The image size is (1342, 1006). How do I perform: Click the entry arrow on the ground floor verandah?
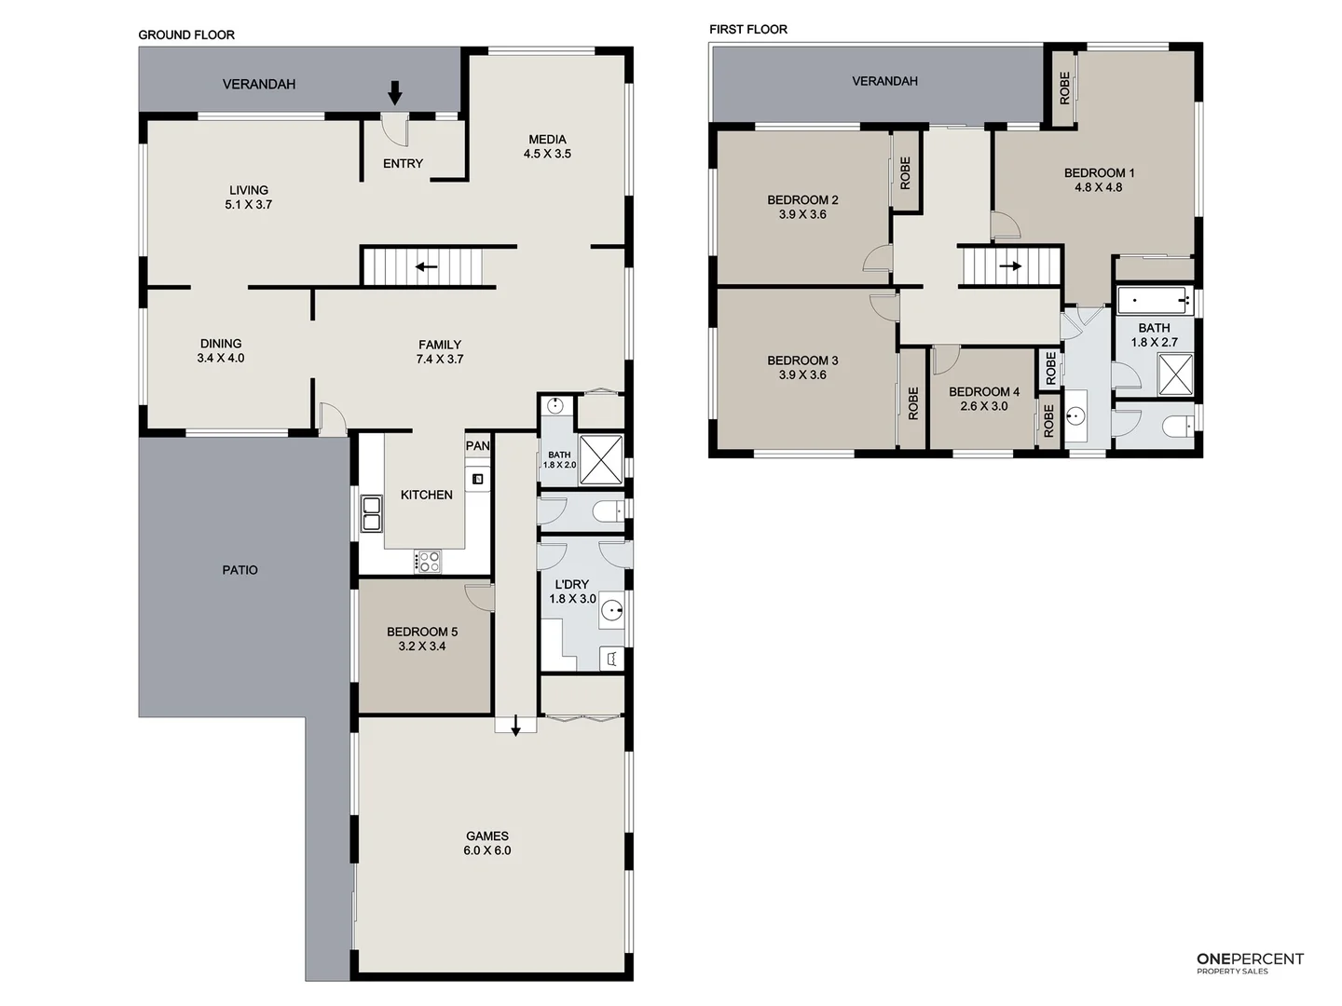[x=394, y=92]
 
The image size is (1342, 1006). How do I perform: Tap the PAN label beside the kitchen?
[x=478, y=446]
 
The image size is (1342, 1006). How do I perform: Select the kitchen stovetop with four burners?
[x=428, y=561]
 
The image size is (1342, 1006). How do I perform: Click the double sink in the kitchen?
[x=372, y=514]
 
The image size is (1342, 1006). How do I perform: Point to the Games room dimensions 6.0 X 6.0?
[x=487, y=850]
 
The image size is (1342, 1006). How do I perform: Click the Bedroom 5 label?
[x=422, y=632]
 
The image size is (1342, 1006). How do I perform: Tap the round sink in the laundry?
[x=611, y=610]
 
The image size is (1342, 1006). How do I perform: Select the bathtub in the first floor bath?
[x=1154, y=301]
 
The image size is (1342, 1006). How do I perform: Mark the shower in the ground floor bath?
[x=601, y=459]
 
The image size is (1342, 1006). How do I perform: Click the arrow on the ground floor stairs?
[x=426, y=267]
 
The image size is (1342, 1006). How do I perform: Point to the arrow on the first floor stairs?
[x=1010, y=265]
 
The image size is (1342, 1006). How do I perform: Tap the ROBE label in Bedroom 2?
[x=905, y=172]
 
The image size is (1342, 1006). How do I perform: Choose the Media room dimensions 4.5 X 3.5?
[x=547, y=154]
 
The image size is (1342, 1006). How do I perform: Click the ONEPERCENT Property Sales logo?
[x=1250, y=963]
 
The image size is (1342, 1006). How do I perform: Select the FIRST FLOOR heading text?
[x=747, y=29]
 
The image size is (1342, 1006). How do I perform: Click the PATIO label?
[x=240, y=570]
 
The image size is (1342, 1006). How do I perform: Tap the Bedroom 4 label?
[x=984, y=392]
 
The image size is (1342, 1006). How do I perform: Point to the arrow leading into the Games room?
[x=515, y=727]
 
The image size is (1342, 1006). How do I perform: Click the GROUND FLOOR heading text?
[x=186, y=34]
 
